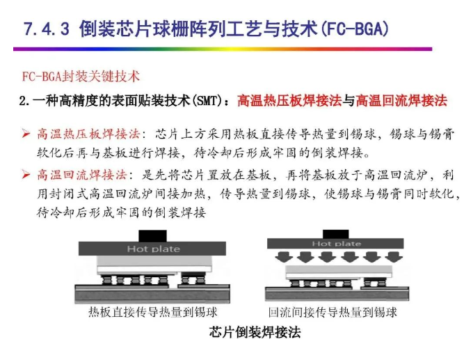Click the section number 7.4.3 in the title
46,29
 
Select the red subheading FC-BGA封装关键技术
81,77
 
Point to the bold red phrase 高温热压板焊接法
289,101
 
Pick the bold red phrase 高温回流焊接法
401,101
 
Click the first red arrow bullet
26,134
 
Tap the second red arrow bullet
26,175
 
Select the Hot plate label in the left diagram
153,249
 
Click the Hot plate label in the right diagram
337,244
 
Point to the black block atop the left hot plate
152,236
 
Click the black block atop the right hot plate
335,234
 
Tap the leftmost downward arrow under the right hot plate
284,256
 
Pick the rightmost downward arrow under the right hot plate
393,256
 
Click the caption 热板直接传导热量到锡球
152,312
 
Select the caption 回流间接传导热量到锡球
333,312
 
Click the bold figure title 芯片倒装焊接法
255,332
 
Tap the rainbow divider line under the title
223,49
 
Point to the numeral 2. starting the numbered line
25,101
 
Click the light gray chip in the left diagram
154,261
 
